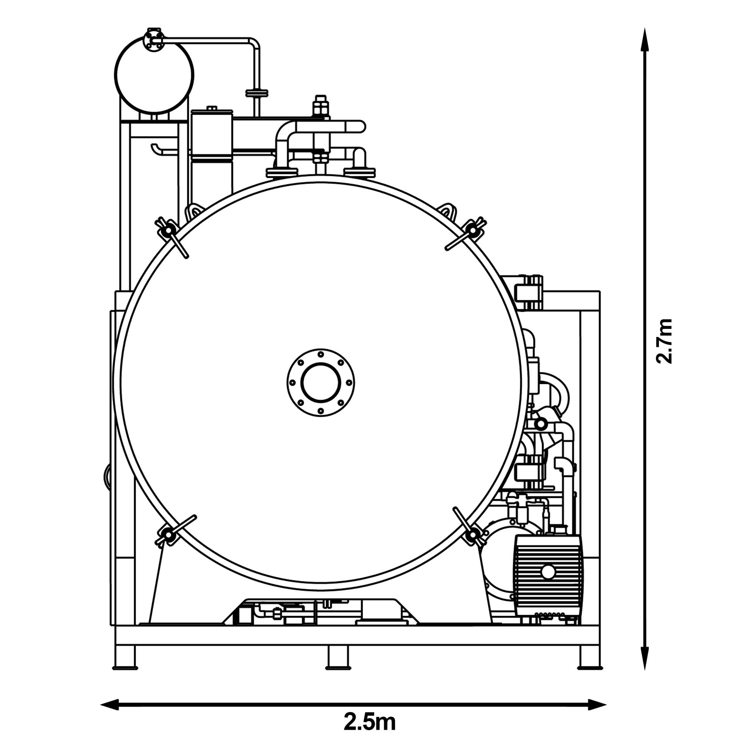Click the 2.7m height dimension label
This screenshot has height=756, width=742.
[x=664, y=341]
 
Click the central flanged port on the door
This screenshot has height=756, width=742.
[x=320, y=383]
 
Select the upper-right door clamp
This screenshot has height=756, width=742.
[x=466, y=233]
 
